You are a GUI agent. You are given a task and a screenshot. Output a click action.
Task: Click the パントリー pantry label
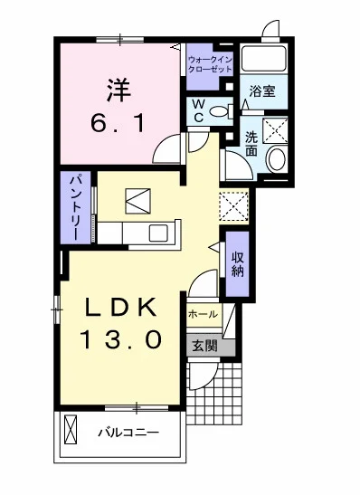[x=79, y=206]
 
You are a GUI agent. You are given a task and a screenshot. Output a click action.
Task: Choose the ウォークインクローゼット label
[x=211, y=64]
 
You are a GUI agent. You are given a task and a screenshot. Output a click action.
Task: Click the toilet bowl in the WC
[x=219, y=111]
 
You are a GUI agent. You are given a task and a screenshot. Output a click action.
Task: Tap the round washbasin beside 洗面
[x=276, y=159]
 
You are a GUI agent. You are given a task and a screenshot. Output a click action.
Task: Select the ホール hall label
[x=202, y=314]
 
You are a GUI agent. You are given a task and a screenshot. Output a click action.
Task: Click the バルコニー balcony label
[x=128, y=433]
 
